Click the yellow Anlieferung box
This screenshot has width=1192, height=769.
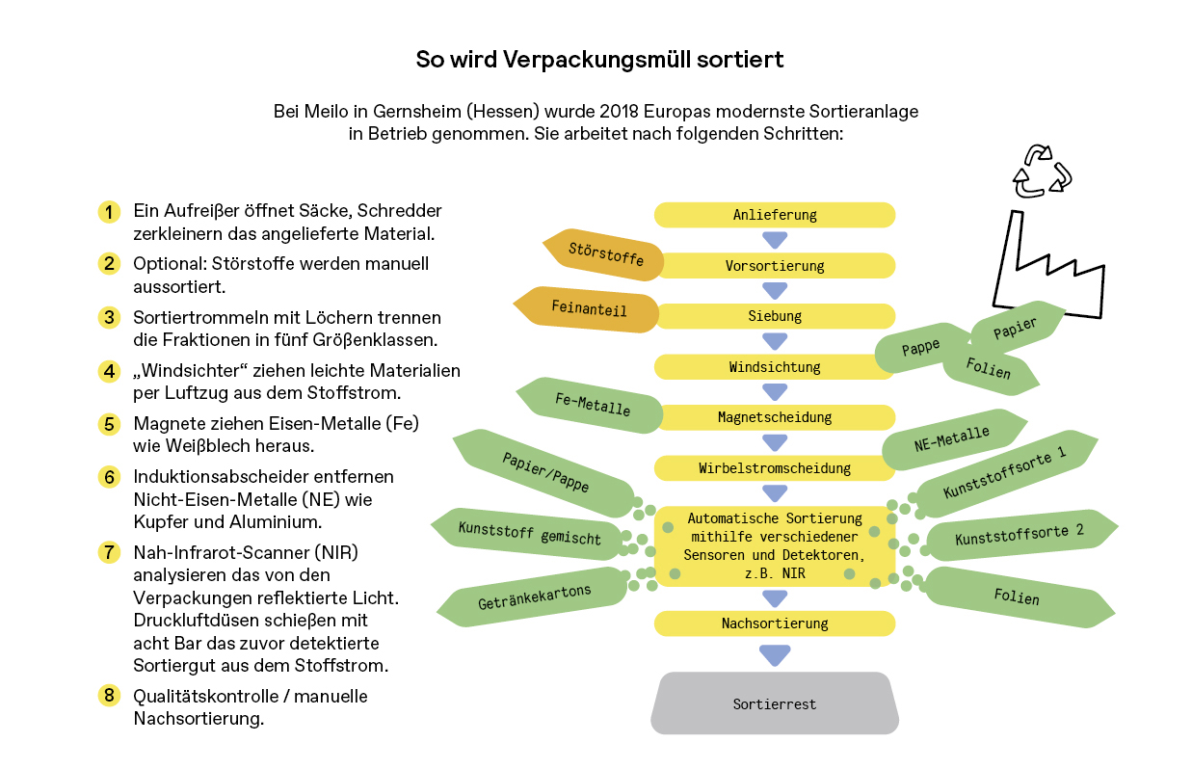[x=775, y=215]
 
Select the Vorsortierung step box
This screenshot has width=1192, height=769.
[x=775, y=265]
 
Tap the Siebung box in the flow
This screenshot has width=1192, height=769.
[x=775, y=316]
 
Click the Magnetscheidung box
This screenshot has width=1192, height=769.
[x=775, y=417]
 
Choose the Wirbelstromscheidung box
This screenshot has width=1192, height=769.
[x=775, y=468]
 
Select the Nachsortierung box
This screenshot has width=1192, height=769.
[x=775, y=623]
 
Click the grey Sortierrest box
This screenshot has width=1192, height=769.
[x=775, y=703]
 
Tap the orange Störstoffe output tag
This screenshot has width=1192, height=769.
[x=605, y=254]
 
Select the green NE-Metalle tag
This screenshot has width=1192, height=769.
[x=952, y=438]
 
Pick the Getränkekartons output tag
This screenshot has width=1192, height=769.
[x=534, y=598]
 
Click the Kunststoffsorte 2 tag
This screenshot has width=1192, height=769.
[x=1020, y=536]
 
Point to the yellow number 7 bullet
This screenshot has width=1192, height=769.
[x=109, y=552]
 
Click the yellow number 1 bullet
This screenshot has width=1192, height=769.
[x=109, y=211]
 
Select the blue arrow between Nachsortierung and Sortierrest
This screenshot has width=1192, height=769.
[x=775, y=655]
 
